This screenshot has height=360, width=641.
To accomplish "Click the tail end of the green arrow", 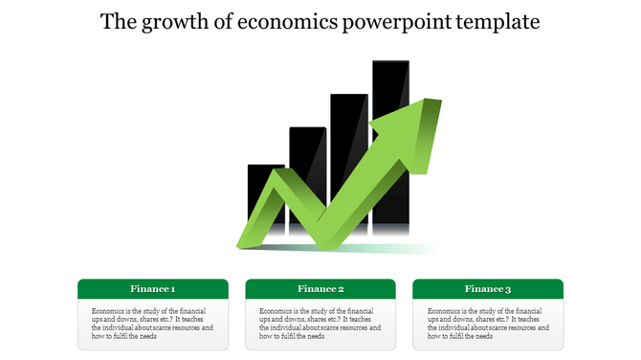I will pos(245,242).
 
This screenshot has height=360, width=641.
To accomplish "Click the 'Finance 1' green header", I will pos(153,289).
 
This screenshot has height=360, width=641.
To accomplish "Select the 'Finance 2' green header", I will pos(320,289).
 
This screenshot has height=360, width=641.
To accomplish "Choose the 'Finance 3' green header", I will pos(488,289).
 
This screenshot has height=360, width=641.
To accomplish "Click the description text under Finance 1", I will pos(153,324).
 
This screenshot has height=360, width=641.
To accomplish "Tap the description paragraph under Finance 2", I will pos(320,324).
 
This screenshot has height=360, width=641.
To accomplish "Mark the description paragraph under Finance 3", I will pos(488,324).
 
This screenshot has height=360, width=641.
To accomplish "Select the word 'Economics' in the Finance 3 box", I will pos(445,311).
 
